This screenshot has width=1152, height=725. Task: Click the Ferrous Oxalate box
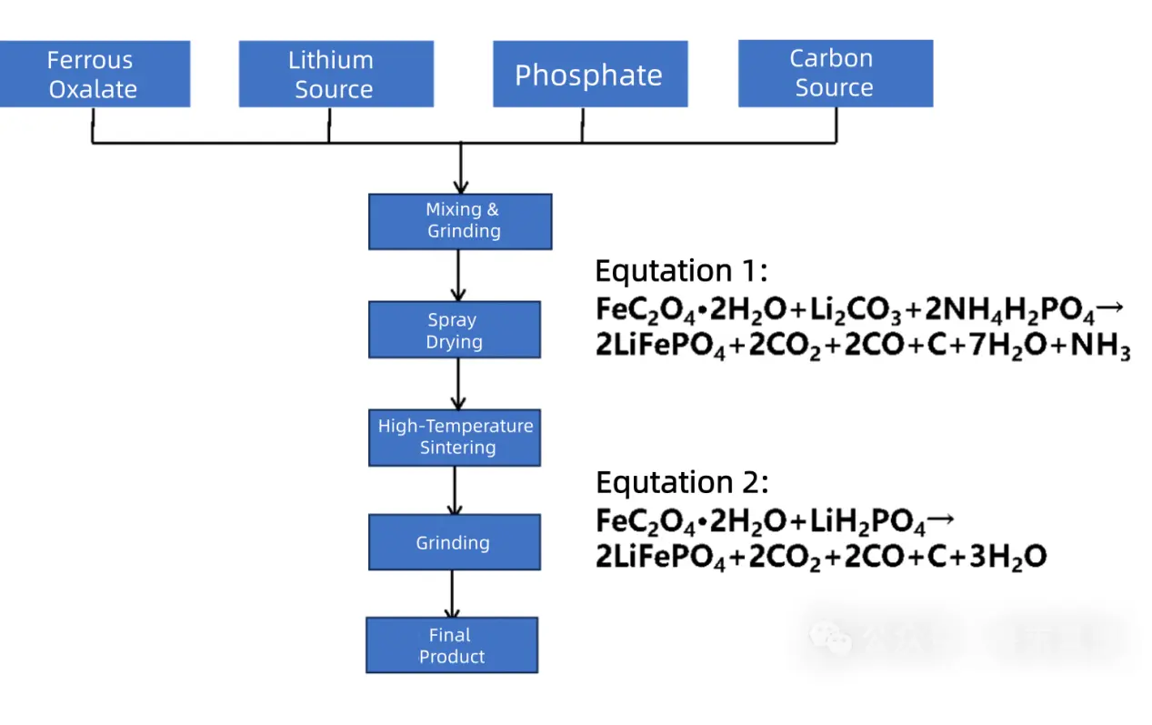(93, 75)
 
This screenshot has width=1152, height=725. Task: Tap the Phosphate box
(589, 75)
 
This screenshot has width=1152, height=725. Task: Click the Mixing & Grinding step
(460, 221)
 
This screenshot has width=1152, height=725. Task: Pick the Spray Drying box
(454, 330)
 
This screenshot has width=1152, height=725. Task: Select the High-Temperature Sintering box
(455, 437)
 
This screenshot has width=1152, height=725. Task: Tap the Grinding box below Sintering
(454, 543)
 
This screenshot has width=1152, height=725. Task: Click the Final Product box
(452, 646)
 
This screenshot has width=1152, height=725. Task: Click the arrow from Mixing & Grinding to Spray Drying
(458, 276)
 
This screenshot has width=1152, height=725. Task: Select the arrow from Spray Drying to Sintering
(458, 384)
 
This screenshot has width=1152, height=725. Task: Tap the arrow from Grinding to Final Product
(452, 594)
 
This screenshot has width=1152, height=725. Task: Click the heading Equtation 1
(682, 271)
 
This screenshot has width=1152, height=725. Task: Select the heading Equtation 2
(682, 482)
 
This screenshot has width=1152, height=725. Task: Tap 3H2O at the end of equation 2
(1008, 558)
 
